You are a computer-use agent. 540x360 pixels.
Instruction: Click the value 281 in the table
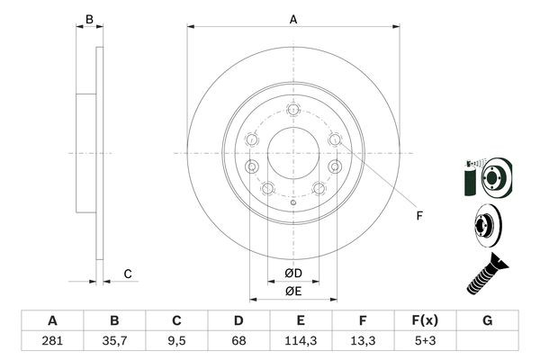coord(52,342)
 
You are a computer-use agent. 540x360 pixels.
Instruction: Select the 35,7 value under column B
coord(114,342)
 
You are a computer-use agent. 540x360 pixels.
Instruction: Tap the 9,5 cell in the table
coord(177,342)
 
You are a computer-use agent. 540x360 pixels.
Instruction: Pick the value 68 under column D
coord(238,342)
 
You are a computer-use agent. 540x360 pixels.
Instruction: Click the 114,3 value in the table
coord(301,342)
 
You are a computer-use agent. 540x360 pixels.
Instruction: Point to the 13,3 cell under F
coord(363,342)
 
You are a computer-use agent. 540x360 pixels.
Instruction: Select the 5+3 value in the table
coord(425,342)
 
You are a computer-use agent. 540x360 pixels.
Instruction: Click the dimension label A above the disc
coord(293,18)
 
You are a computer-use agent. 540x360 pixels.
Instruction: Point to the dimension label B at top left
coord(89,18)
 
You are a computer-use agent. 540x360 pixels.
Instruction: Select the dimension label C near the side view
coord(128,274)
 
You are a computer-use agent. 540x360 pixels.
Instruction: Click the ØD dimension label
coord(293,273)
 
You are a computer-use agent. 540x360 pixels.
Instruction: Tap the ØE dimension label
coord(293,291)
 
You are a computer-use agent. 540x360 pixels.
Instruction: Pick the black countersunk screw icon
coord(486,274)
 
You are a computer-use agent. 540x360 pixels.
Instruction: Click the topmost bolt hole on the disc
coord(293,110)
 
